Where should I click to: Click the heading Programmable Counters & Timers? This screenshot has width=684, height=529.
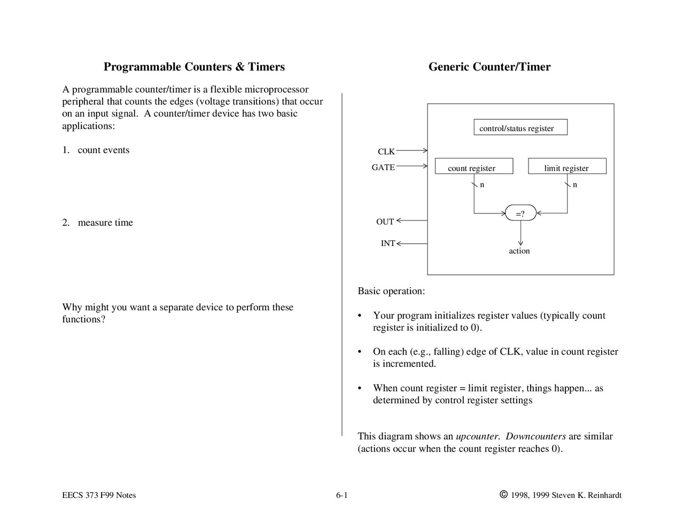[194, 67]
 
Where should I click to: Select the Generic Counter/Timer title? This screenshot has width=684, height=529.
[489, 67]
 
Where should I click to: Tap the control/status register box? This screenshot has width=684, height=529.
[520, 128]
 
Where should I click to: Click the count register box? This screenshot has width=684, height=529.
[473, 167]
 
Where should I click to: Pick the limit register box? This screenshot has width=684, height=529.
[567, 167]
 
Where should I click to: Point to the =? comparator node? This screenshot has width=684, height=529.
[520, 213]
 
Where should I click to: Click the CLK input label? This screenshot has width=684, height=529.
[386, 152]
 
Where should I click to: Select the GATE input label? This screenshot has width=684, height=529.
[383, 167]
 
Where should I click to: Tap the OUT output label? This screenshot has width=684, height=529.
[385, 222]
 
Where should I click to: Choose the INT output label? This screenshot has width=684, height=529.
[387, 243]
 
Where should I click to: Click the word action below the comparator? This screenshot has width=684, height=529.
[519, 251]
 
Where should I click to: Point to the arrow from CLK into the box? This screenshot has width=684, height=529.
[411, 151]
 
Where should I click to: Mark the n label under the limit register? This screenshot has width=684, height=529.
[575, 185]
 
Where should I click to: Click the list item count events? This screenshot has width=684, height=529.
[103, 150]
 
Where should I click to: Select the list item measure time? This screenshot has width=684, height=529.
[105, 223]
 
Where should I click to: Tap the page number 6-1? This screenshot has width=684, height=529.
[341, 495]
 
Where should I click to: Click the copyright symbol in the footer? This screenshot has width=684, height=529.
[503, 495]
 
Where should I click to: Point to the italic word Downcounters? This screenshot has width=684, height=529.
[535, 436]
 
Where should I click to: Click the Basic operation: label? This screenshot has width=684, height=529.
[391, 292]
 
